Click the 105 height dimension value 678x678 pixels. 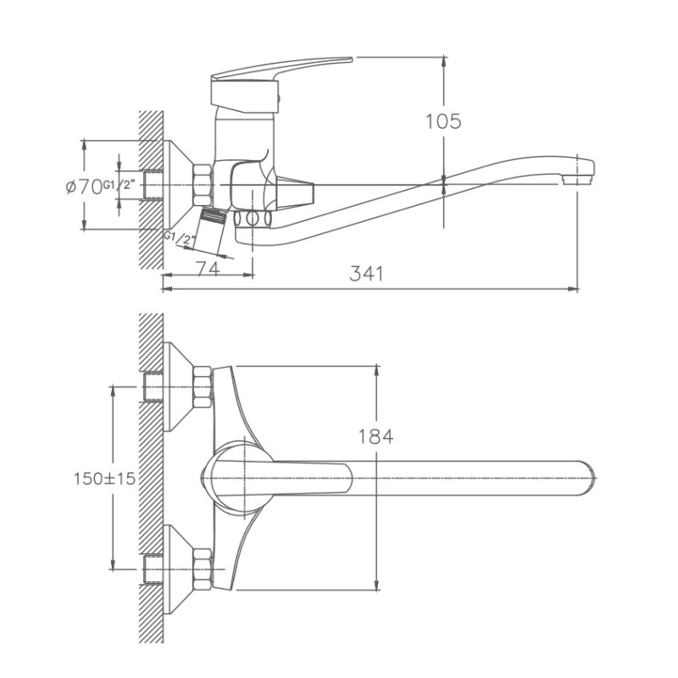(442, 122)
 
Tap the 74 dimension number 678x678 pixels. (208, 270)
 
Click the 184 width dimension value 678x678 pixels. (376, 437)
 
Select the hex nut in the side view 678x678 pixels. (203, 183)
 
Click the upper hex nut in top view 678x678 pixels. (203, 386)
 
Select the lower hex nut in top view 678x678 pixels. (203, 569)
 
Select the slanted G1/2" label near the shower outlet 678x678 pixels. (181, 240)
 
